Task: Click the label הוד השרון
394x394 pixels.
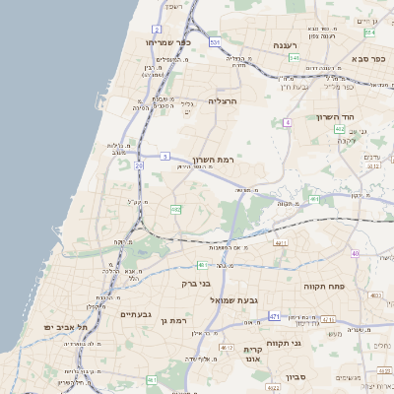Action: (336, 117)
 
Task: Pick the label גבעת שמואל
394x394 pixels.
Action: (233, 299)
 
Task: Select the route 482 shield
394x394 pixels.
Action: (175, 209)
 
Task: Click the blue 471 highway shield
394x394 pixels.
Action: (275, 316)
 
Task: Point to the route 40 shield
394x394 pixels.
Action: (355, 253)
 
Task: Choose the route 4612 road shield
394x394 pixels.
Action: (227, 348)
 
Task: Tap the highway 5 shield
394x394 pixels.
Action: (165, 156)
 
